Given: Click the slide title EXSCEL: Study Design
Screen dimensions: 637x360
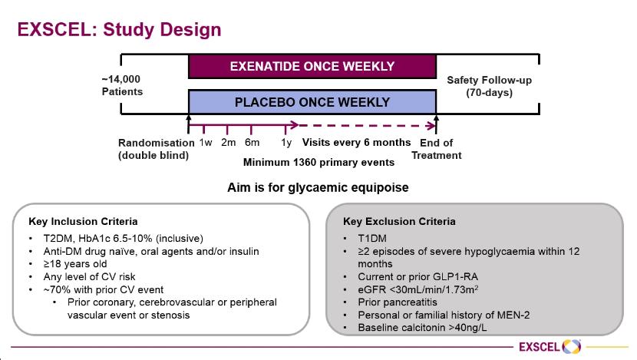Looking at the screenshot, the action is pyautogui.click(x=119, y=30).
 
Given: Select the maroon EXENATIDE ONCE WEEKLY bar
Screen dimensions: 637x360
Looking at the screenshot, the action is pyautogui.click(x=312, y=66).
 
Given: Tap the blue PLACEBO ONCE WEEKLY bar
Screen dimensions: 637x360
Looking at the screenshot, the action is pyautogui.click(x=312, y=101).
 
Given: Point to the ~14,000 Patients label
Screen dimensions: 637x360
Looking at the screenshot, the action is pyautogui.click(x=122, y=85).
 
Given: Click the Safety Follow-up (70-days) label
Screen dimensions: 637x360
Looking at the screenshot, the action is pyautogui.click(x=489, y=86).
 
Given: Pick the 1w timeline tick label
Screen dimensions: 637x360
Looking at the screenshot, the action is pyautogui.click(x=206, y=143).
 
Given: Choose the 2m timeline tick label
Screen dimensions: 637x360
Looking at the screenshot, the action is pyautogui.click(x=228, y=143).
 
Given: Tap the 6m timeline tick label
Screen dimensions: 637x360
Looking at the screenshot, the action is pyautogui.click(x=252, y=143).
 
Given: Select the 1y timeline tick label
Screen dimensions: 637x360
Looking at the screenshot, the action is pyautogui.click(x=286, y=143).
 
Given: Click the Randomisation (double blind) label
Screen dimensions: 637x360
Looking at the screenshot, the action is pyautogui.click(x=156, y=149).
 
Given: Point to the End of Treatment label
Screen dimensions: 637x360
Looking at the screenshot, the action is pyautogui.click(x=437, y=149).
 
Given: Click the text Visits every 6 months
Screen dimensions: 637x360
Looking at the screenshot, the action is pyautogui.click(x=356, y=143).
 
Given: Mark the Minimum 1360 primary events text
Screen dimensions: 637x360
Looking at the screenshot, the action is pyautogui.click(x=318, y=163).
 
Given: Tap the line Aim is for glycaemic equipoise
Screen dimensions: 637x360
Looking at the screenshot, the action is pyautogui.click(x=318, y=188).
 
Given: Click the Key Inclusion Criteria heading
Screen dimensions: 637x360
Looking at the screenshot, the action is pyautogui.click(x=83, y=221).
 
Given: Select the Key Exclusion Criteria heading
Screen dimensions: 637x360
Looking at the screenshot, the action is pyautogui.click(x=399, y=221).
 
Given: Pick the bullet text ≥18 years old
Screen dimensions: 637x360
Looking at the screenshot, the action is pyautogui.click(x=75, y=264).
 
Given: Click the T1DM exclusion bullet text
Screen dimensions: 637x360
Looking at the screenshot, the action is pyautogui.click(x=372, y=239).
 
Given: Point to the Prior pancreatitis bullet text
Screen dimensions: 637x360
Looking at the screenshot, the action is pyautogui.click(x=398, y=302).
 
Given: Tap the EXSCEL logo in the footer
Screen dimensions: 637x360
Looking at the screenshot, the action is pyautogui.click(x=550, y=347).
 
